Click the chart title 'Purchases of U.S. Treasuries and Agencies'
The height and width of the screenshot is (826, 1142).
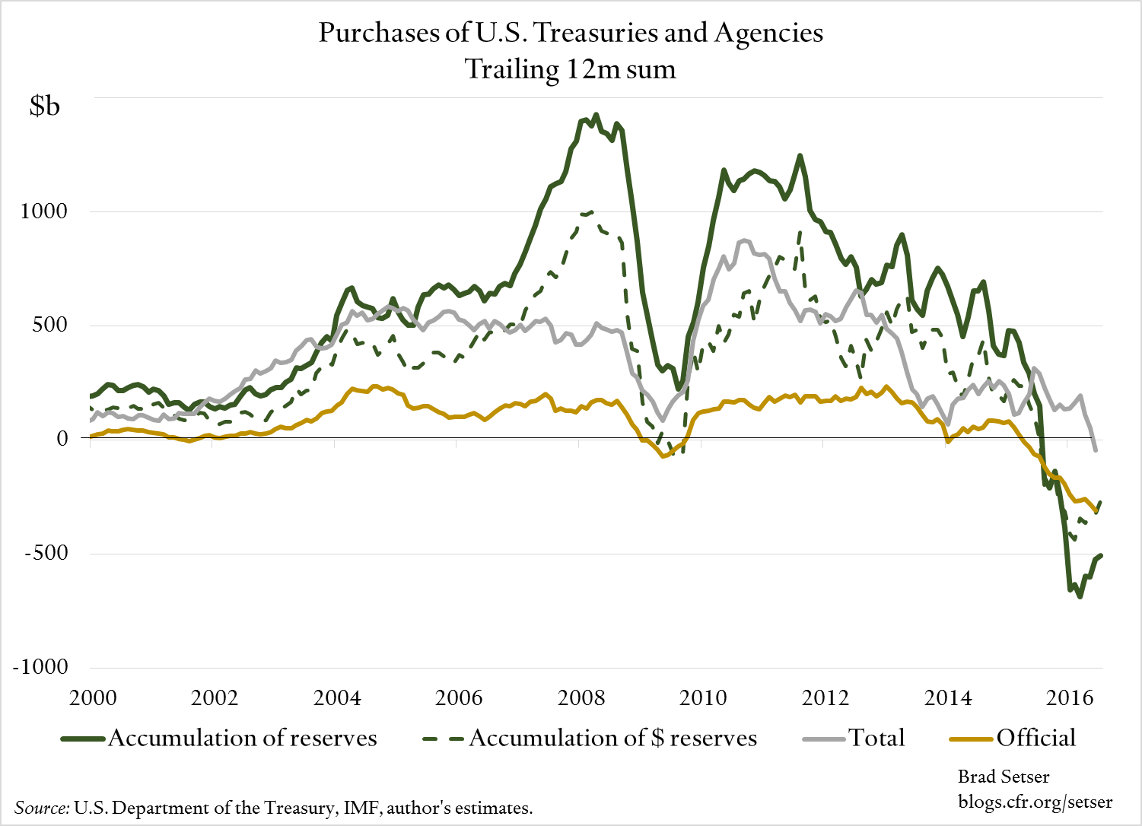[571, 33]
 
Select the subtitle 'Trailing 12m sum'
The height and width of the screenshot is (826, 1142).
[571, 69]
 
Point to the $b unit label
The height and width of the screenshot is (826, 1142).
[44, 106]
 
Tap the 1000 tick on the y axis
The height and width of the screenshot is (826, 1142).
[44, 211]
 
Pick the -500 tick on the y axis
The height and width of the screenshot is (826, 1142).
[46, 553]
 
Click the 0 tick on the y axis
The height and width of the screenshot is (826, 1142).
[62, 439]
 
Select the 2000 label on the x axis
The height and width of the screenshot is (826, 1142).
[93, 697]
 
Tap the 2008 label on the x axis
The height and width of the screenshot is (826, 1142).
[581, 697]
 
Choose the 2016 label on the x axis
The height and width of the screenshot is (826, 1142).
[1070, 697]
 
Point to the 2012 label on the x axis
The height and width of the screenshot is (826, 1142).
[825, 697]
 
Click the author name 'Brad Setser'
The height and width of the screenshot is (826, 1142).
[1003, 777]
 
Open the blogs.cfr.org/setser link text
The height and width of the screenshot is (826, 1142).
[1035, 802]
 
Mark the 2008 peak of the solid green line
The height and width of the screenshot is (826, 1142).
[596, 115]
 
